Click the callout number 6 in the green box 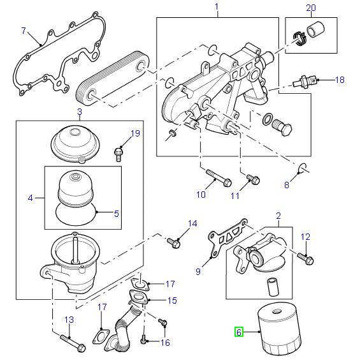[239, 332]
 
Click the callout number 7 [24, 30]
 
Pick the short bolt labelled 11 [251, 179]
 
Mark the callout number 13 [69, 320]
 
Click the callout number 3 [80, 113]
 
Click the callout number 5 [117, 214]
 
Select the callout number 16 [165, 343]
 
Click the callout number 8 [286, 185]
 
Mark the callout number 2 [278, 216]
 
